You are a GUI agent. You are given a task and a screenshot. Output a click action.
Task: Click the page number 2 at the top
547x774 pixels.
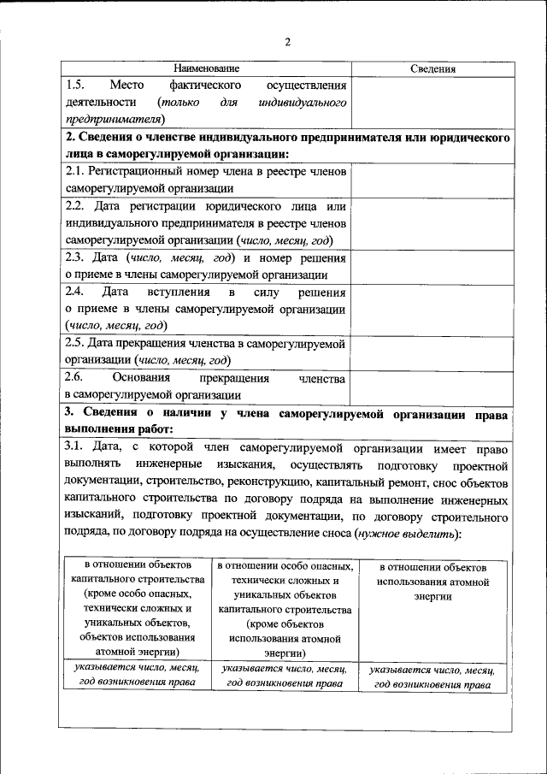point(288,43)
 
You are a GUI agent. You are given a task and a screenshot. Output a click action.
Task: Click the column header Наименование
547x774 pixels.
point(206,68)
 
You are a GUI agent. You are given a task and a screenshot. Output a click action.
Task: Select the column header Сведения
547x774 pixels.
point(432,68)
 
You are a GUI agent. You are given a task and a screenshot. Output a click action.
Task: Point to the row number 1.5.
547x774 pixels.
point(75,86)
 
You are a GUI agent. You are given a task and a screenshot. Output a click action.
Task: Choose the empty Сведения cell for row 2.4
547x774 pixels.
point(432,309)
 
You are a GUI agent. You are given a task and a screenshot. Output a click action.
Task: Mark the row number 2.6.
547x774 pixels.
point(75,377)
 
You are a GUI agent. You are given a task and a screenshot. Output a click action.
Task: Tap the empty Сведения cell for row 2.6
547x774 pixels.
point(432,386)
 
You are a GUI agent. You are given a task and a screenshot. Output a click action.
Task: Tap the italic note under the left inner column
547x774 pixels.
point(137,675)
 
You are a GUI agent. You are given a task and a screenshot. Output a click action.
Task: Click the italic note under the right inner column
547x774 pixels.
point(432,677)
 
